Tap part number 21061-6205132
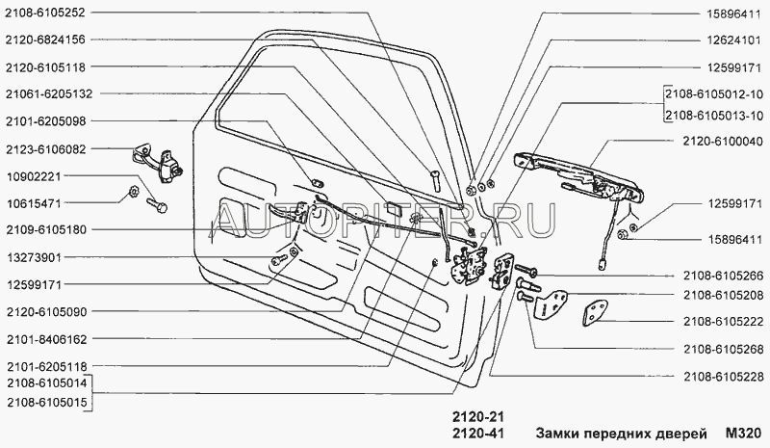click(48, 94)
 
